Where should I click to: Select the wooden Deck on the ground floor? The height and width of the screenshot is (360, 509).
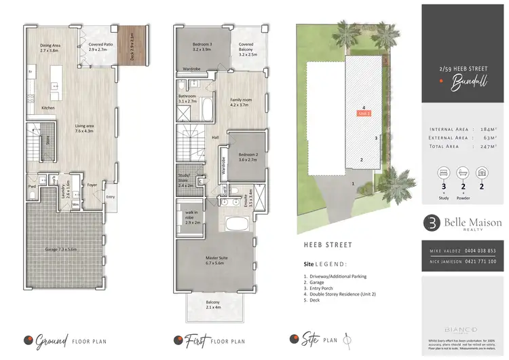140,43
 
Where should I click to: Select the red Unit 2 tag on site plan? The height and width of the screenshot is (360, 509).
364,113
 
